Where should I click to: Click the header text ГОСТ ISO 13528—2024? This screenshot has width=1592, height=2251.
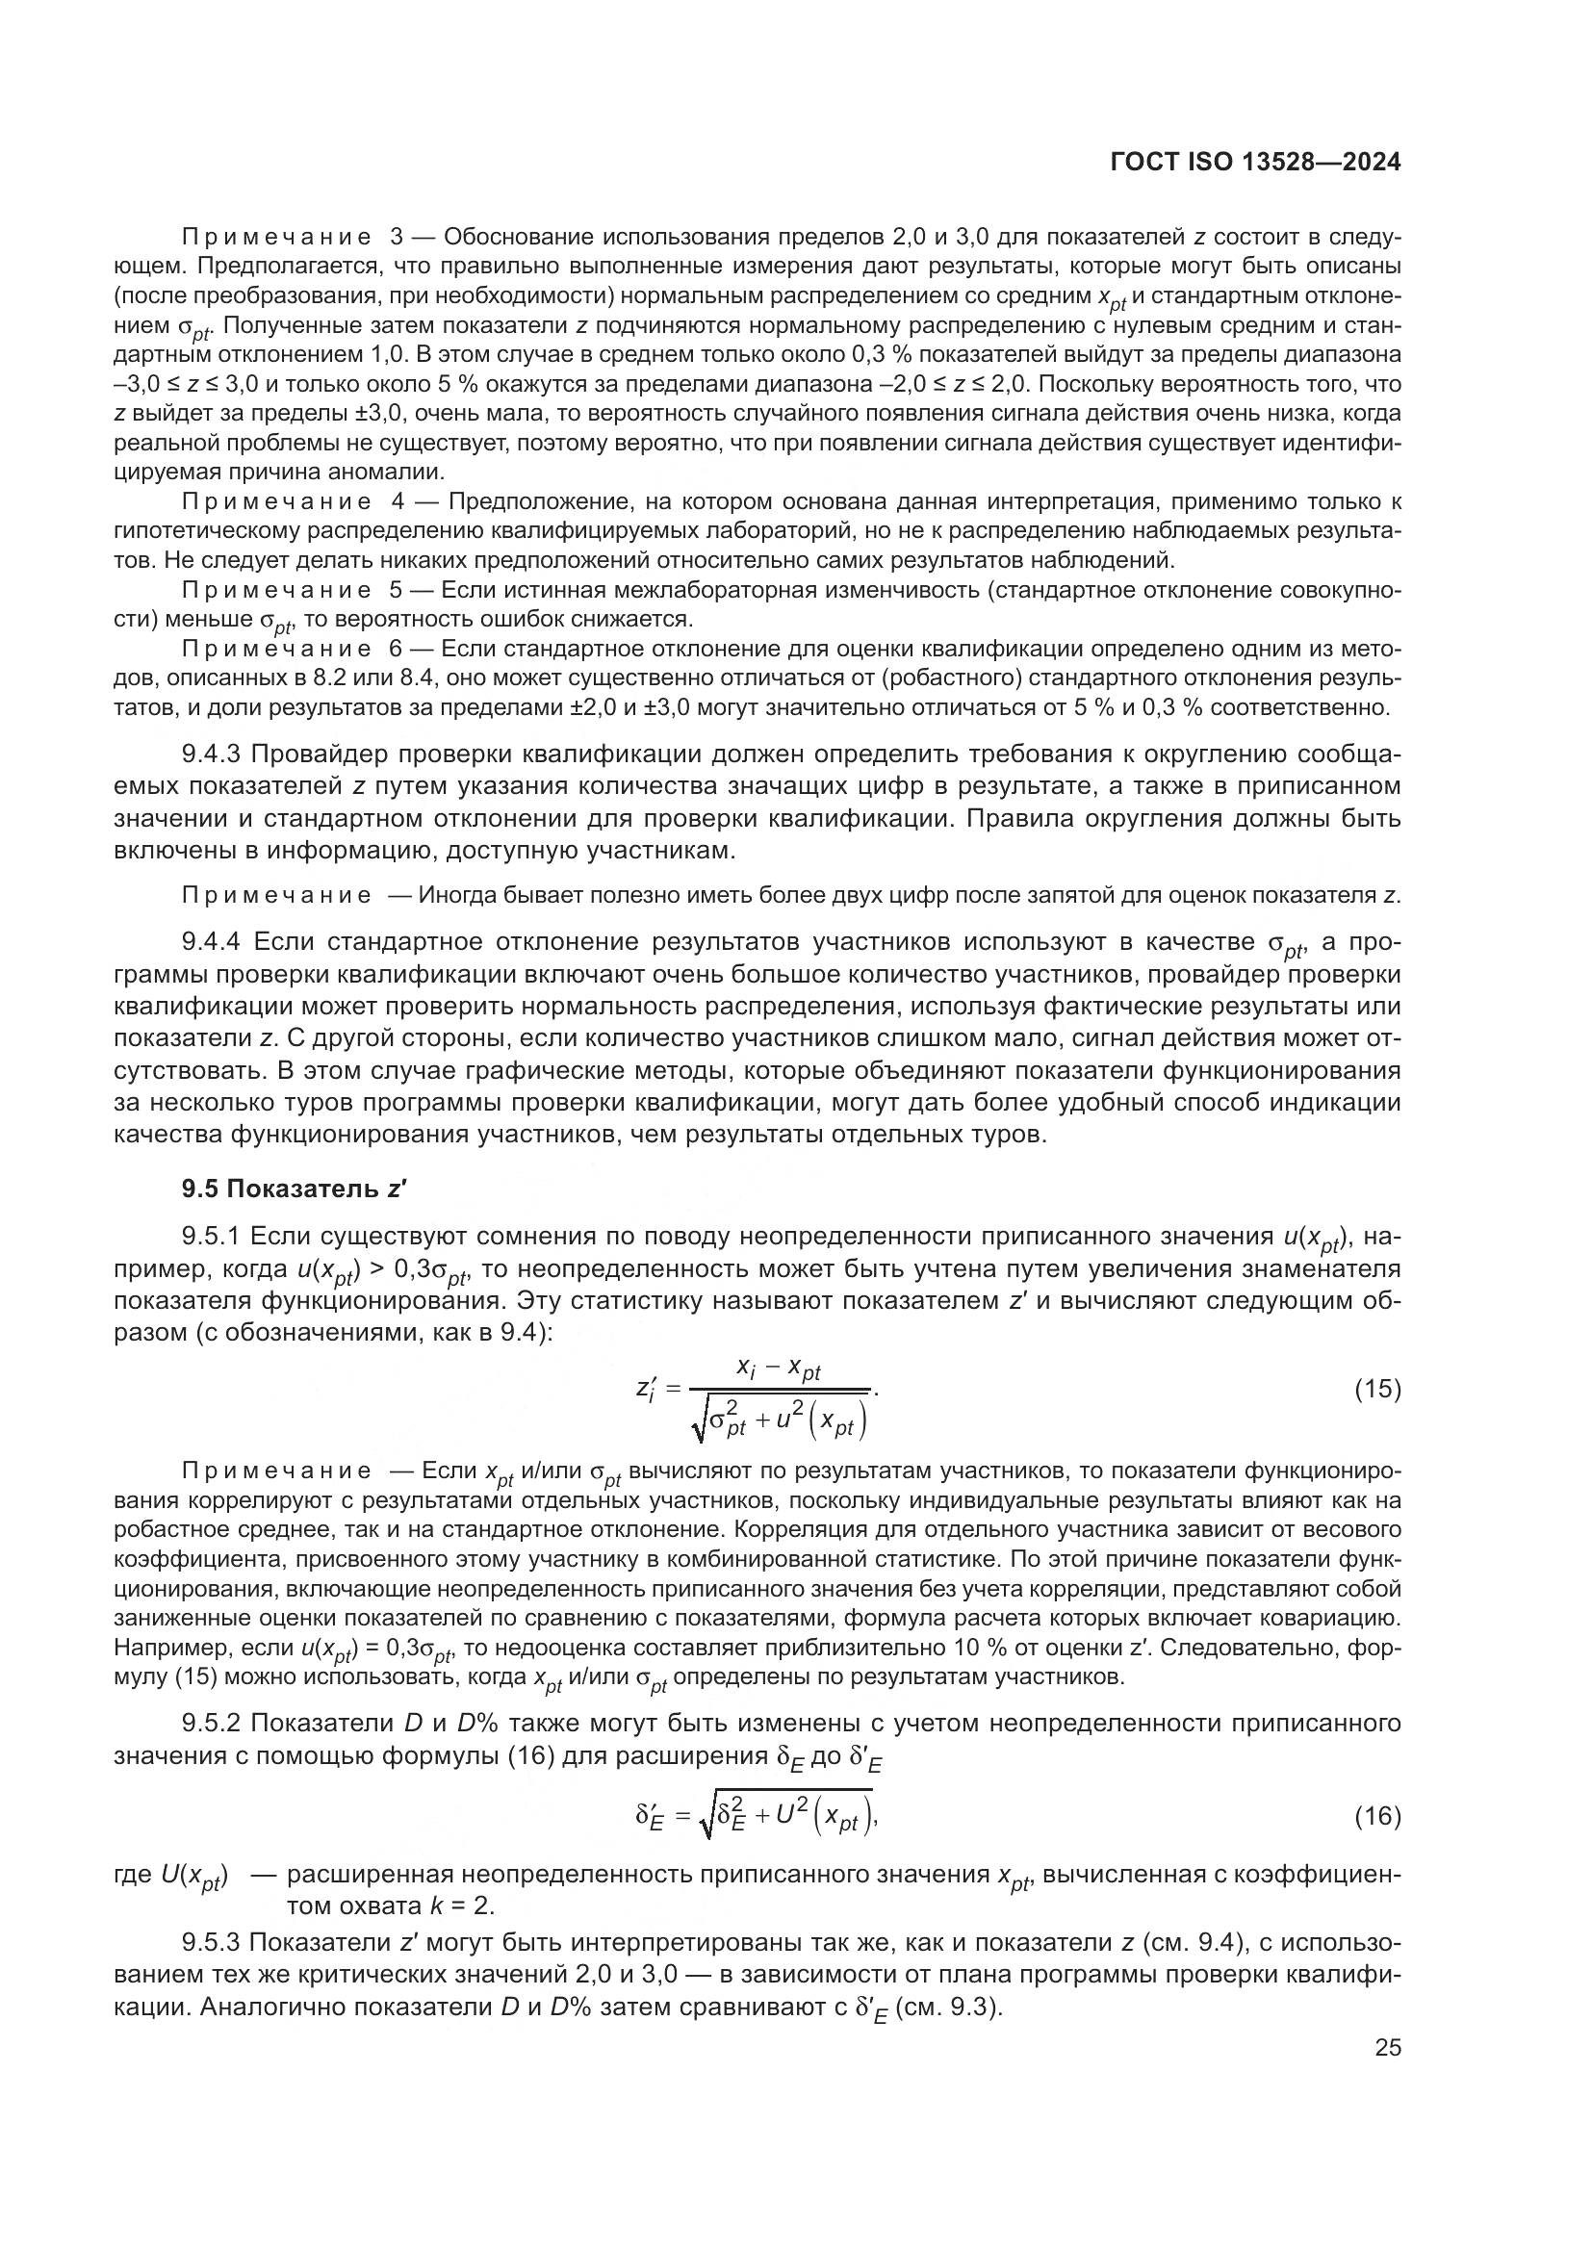click(x=1256, y=163)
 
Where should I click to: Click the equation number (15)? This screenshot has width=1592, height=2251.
click(x=1377, y=1390)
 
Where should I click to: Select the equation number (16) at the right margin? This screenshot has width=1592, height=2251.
click(x=1377, y=1817)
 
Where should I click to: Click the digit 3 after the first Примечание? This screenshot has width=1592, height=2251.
click(x=396, y=238)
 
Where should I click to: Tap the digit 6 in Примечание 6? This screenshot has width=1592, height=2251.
click(x=396, y=649)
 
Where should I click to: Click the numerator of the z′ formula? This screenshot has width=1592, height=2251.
click(x=779, y=1369)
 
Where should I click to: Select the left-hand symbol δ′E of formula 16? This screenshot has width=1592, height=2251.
click(x=650, y=1818)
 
